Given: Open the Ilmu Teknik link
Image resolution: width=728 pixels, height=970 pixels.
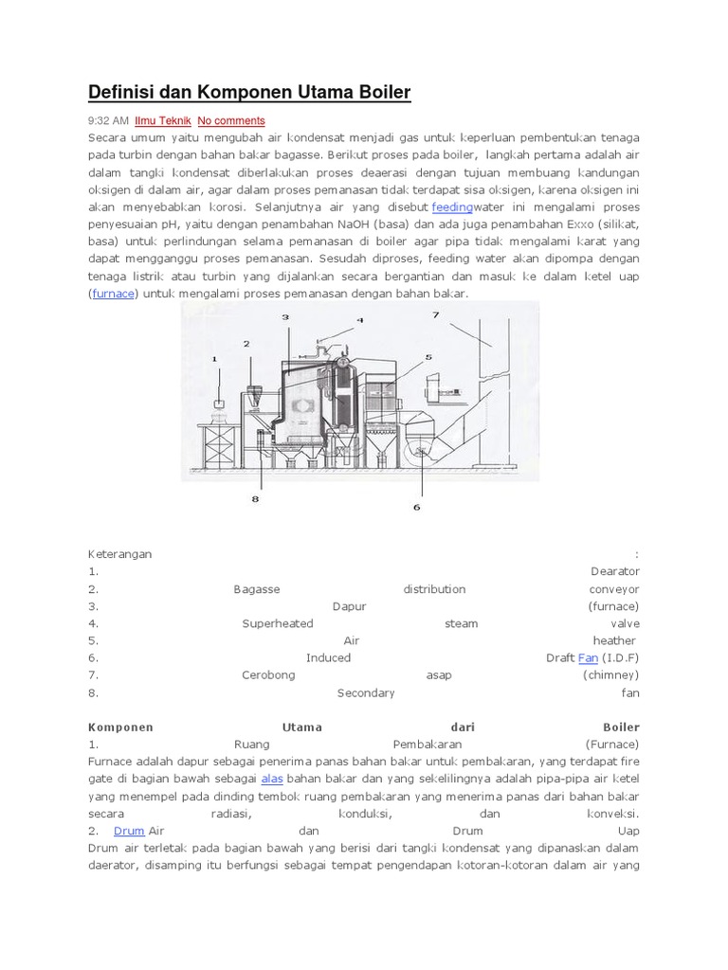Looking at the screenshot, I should [163, 121].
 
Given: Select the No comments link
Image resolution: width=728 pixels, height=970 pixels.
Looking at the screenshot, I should [231, 121].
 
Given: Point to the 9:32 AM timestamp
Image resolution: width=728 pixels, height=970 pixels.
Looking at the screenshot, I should [108, 121].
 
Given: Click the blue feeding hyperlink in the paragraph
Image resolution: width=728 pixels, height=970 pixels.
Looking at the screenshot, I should [452, 207].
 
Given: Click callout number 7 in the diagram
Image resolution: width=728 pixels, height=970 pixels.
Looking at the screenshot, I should [436, 314].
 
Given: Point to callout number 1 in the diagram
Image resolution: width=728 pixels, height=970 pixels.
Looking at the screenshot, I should [214, 359].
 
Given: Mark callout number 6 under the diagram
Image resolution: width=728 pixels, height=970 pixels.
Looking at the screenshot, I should [415, 507].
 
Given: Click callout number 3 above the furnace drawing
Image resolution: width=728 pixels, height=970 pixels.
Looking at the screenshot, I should [284, 318].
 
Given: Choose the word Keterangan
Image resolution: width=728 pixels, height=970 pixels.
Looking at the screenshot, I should [119, 554].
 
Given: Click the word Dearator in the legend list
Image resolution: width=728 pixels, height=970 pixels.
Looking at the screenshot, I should [614, 571].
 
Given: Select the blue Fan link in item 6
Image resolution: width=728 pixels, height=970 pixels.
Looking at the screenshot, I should [588, 657].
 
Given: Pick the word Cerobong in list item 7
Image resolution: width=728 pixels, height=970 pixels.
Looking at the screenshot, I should [268, 674].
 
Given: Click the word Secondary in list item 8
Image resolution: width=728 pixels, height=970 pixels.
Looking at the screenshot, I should [366, 692].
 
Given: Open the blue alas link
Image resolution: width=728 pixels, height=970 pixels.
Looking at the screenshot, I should [272, 778].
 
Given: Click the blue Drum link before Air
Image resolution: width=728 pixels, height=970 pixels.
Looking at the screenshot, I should [129, 830].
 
